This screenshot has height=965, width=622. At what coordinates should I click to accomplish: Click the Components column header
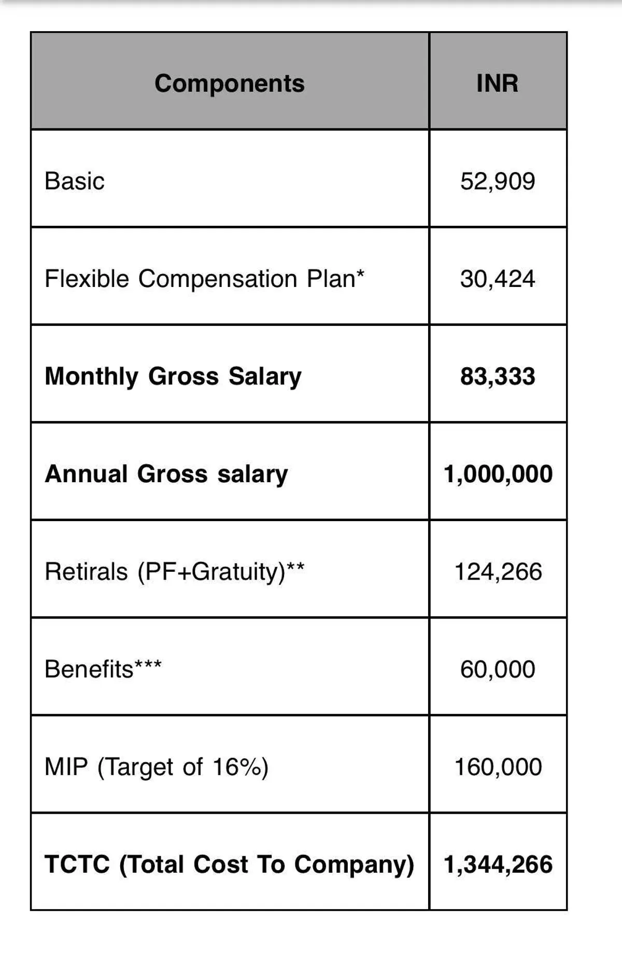(x=229, y=83)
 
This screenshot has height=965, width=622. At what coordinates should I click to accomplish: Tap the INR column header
(x=497, y=83)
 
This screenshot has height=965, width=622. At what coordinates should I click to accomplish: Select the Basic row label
(x=75, y=181)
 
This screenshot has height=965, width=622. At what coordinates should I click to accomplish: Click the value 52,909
(x=498, y=181)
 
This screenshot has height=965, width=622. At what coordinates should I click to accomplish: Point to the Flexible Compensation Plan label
(x=204, y=279)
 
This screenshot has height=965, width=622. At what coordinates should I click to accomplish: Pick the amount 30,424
(x=498, y=279)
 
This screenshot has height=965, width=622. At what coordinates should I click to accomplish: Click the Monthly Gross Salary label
(x=173, y=377)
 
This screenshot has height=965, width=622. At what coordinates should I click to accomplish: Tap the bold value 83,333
(x=498, y=377)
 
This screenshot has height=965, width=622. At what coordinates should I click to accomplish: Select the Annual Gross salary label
(x=166, y=474)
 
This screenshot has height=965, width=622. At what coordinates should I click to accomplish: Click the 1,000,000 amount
(x=498, y=474)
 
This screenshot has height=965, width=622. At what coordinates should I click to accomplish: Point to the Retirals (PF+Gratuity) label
(x=174, y=572)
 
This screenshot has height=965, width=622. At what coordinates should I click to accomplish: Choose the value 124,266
(x=498, y=572)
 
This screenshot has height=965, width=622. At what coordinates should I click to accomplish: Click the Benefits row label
(x=103, y=669)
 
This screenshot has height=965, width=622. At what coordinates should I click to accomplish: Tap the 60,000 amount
(x=498, y=669)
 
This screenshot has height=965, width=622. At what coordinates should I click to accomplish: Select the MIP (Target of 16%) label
(x=157, y=767)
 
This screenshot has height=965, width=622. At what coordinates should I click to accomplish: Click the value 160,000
(x=498, y=767)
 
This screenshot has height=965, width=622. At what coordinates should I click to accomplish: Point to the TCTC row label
(x=229, y=865)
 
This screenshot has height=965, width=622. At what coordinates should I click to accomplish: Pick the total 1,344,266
(x=498, y=865)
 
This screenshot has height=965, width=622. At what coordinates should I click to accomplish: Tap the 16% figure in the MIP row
(x=236, y=767)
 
